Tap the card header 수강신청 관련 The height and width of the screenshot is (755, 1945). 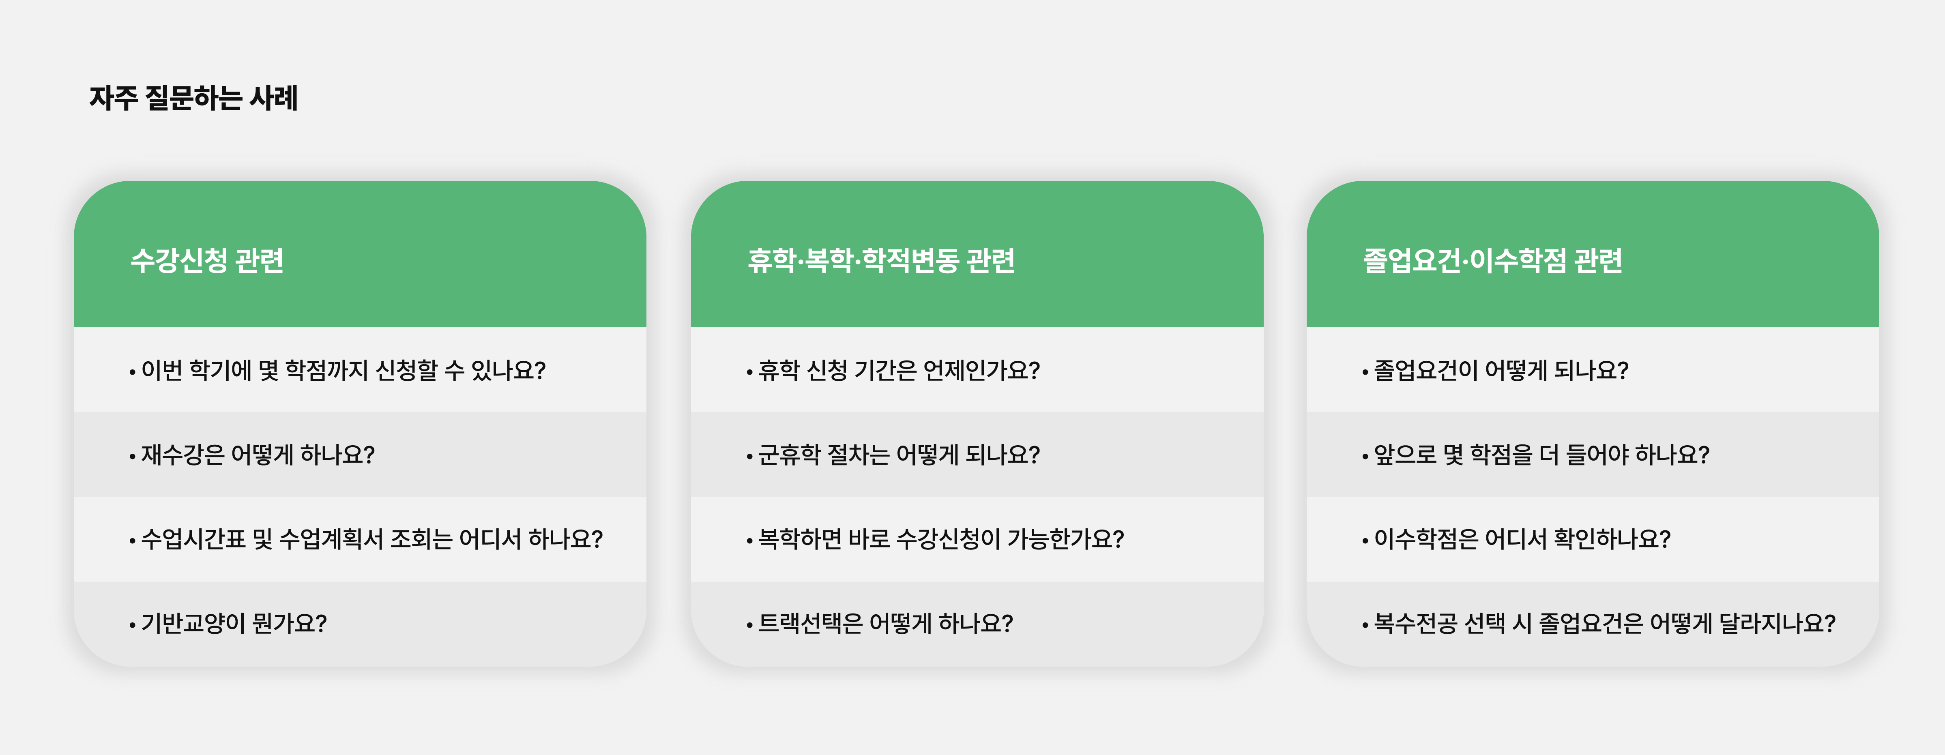point(207,260)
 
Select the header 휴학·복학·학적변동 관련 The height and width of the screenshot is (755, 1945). point(881,260)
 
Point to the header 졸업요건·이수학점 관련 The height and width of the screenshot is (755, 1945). point(1493,260)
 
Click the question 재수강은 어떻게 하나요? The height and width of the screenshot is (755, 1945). point(258,455)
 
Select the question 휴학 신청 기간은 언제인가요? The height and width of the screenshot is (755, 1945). point(899,370)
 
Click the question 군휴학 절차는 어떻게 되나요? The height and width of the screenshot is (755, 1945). point(899,455)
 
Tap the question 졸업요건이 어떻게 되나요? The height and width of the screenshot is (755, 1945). point(1501,370)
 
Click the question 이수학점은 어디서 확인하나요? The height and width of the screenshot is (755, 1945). point(1522,539)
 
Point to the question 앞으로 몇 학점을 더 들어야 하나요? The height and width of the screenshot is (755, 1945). point(1541,455)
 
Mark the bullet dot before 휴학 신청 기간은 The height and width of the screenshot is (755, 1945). point(749,371)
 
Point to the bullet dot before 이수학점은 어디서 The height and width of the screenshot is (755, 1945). point(1365,541)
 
